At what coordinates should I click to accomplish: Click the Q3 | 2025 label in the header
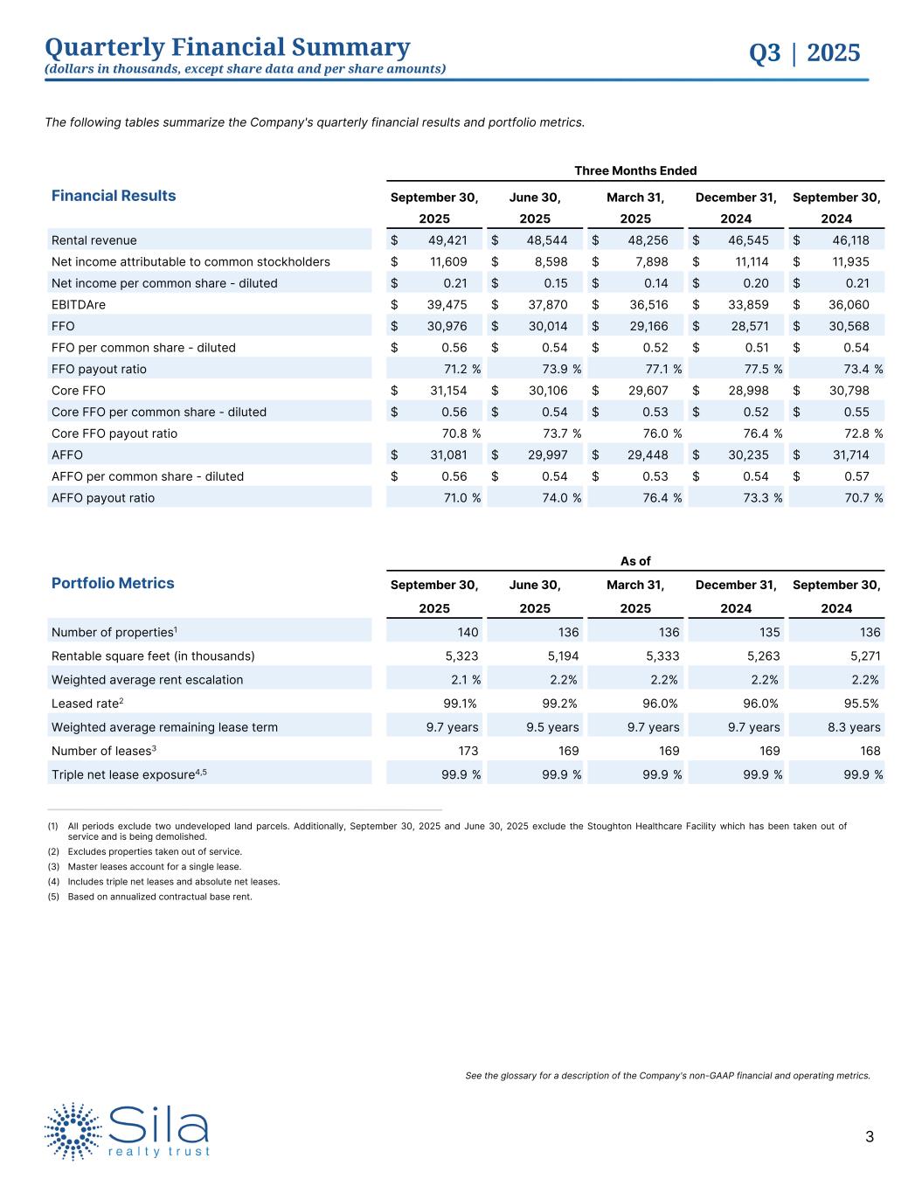pos(804,53)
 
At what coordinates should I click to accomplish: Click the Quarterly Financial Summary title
pos(227,47)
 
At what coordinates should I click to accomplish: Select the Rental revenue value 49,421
pos(447,240)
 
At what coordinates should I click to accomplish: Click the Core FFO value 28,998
pos(749,391)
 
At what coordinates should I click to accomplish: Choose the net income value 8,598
pos(549,261)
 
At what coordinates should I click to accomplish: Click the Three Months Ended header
pos(635,170)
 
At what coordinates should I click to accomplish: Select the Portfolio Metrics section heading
pos(113,583)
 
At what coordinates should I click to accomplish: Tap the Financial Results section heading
pos(114,196)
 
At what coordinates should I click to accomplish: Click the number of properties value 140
pos(468,632)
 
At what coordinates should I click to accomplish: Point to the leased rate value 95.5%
pos(861,703)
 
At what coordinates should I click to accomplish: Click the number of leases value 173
pos(467,751)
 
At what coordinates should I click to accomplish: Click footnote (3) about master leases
pos(154,866)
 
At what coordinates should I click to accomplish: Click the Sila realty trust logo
pos(128,1132)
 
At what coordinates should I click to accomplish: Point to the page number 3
pos(869,1137)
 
